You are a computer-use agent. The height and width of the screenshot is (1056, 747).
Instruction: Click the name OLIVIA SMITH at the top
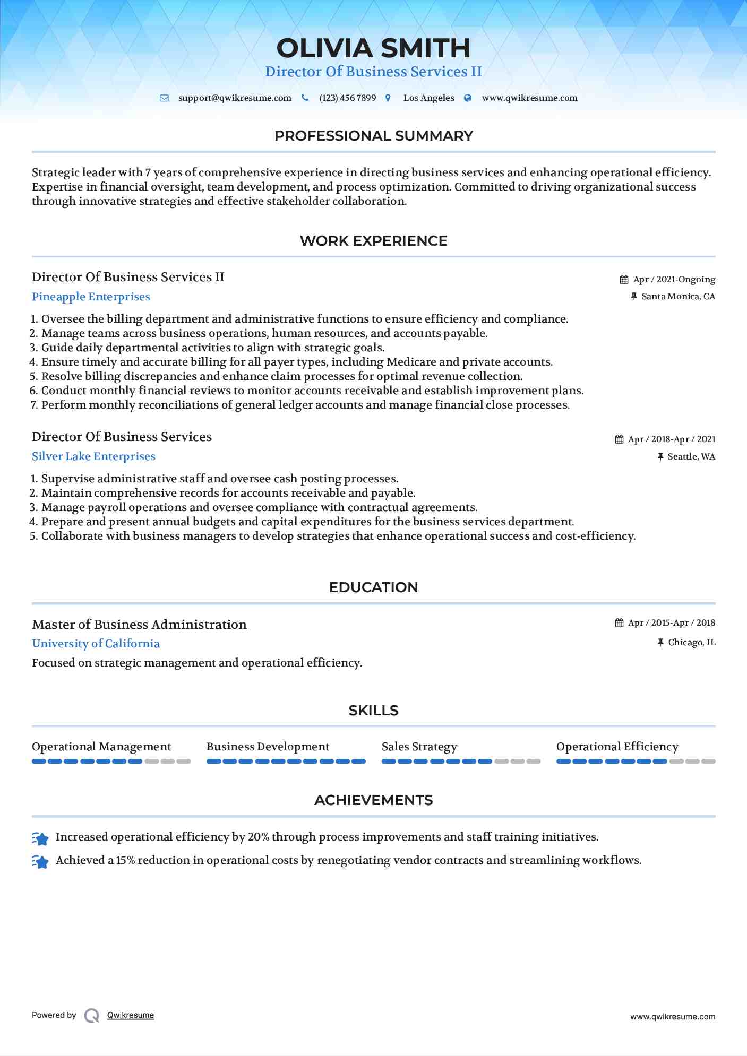pyautogui.click(x=373, y=48)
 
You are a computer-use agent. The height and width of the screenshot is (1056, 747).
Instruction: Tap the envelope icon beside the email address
pyautogui.click(x=164, y=98)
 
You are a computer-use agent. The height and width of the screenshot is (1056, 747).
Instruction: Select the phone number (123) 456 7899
pyautogui.click(x=347, y=98)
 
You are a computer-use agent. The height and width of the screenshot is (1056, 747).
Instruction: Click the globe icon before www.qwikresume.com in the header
pyautogui.click(x=468, y=98)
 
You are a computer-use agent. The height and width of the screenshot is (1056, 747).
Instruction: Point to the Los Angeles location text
pyautogui.click(x=428, y=98)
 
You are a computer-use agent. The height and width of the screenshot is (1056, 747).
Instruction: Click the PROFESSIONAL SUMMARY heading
pyautogui.click(x=373, y=136)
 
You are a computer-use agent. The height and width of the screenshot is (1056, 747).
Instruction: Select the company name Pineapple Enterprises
pyautogui.click(x=91, y=297)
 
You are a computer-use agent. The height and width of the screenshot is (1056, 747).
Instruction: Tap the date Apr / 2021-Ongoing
pyautogui.click(x=674, y=280)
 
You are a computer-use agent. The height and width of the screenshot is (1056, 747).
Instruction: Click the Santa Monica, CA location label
pyautogui.click(x=678, y=297)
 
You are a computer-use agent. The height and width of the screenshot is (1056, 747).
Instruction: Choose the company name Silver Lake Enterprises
pyautogui.click(x=93, y=456)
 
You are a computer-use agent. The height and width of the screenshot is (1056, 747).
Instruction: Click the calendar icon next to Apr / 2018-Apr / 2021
pyautogui.click(x=619, y=439)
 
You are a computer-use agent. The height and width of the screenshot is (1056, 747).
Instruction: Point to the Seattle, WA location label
pyautogui.click(x=691, y=457)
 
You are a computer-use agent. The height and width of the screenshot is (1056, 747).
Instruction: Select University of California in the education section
pyautogui.click(x=96, y=644)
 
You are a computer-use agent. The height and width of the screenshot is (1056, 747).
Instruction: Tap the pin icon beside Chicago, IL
pyautogui.click(x=660, y=643)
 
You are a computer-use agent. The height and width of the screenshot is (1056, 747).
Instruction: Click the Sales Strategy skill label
pyautogui.click(x=419, y=747)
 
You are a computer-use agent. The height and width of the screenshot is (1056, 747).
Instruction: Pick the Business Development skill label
pyautogui.click(x=268, y=747)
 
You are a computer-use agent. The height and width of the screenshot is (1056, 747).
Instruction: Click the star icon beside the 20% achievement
pyautogui.click(x=40, y=838)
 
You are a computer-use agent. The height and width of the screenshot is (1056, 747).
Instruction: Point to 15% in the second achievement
pyautogui.click(x=125, y=860)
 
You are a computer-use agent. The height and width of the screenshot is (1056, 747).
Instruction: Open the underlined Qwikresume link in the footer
pyautogui.click(x=130, y=1015)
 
